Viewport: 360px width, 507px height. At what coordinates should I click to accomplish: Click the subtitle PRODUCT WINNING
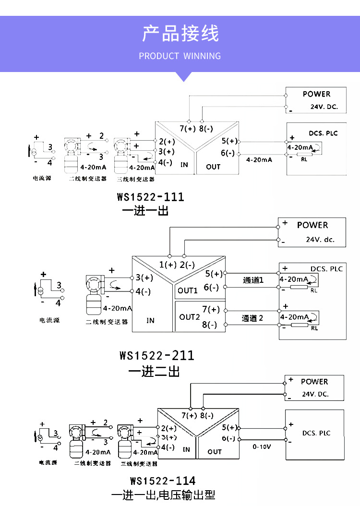pyautogui.click(x=180, y=56)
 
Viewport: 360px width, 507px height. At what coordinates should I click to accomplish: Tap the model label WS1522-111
pyautogui.click(x=150, y=197)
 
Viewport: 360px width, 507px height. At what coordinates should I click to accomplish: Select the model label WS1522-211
pyautogui.click(x=157, y=356)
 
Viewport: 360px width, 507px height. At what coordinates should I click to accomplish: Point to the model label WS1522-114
pyautogui.click(x=163, y=481)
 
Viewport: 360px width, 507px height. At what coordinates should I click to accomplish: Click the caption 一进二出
pyautogui.click(x=154, y=371)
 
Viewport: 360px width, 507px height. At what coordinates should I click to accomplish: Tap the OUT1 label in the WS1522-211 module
pyautogui.click(x=188, y=290)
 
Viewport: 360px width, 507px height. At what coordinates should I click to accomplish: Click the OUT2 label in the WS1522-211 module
pyautogui.click(x=189, y=317)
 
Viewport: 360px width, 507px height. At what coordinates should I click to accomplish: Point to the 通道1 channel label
pyautogui.click(x=253, y=280)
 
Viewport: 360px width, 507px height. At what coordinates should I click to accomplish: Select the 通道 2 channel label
pyautogui.click(x=252, y=318)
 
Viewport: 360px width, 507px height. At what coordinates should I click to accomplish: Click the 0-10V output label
pyautogui.click(x=262, y=447)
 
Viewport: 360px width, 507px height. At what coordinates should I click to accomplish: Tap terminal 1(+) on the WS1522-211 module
pyautogui.click(x=168, y=265)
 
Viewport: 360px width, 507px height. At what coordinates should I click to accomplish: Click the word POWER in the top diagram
pyautogui.click(x=316, y=94)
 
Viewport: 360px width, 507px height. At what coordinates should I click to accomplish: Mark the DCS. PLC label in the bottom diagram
pyautogui.click(x=316, y=433)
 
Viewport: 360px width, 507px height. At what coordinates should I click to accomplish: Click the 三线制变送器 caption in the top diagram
pyautogui.click(x=136, y=179)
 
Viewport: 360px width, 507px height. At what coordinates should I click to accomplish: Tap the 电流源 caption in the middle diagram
pyautogui.click(x=50, y=320)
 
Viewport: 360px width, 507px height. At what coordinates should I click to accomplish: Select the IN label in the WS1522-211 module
pyautogui.click(x=150, y=320)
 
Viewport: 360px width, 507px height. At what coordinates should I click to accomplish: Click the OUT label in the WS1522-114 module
pyautogui.click(x=215, y=452)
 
